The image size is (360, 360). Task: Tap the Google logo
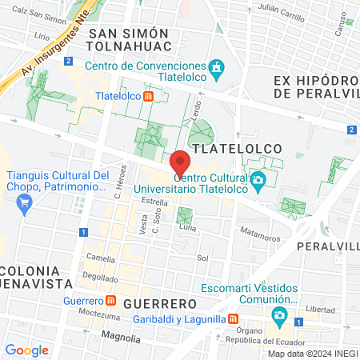pos(27,350)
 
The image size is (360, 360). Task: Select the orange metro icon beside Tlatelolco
pos(149,97)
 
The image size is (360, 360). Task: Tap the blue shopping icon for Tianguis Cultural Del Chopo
pos(25,202)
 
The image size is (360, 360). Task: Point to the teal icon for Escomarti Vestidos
pos(278,315)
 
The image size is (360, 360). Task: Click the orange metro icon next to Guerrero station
pos(110,301)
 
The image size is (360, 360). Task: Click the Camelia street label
pos(101,258)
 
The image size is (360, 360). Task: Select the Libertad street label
pos(320,309)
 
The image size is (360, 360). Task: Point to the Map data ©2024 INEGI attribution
pos(312,354)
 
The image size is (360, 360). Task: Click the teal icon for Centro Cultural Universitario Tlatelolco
pos(258,180)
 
